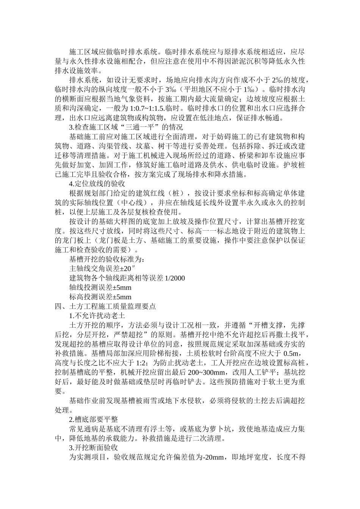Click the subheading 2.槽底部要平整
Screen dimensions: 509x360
click(93, 420)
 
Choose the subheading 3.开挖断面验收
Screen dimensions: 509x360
click(93, 448)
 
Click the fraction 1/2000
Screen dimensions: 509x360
click(175, 278)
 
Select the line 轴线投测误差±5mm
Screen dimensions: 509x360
click(100, 288)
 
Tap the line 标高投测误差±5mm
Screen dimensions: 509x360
click(100, 297)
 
